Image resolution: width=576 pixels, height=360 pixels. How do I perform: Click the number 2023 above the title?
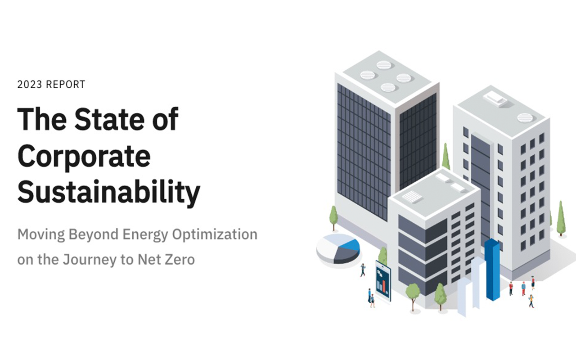tap(30, 84)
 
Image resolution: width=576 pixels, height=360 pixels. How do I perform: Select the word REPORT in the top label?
tap(65, 84)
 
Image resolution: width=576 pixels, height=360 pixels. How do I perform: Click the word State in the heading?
tap(109, 119)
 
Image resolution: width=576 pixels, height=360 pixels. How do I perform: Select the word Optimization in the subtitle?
tap(215, 235)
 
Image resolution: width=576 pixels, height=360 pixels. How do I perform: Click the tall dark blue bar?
tap(492, 270)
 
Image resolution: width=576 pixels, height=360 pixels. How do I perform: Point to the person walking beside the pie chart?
tap(363, 270)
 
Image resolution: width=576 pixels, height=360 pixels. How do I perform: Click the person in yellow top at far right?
tap(531, 301)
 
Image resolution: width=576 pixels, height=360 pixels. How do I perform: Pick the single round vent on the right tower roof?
tap(525, 118)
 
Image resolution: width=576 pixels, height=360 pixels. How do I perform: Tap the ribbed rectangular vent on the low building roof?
tap(412, 197)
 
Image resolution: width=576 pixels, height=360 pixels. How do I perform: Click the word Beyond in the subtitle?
tap(93, 235)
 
